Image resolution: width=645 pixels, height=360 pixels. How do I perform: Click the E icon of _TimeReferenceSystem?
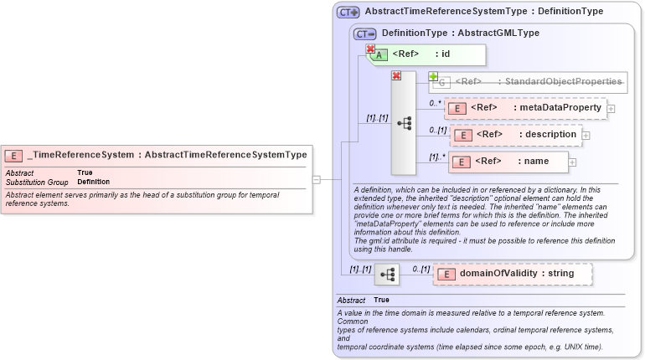13,155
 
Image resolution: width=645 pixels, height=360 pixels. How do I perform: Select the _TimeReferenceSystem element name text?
80,155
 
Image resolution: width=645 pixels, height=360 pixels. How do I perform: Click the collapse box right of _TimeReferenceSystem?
316,179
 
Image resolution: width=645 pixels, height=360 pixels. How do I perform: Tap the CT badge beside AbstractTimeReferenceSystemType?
348,13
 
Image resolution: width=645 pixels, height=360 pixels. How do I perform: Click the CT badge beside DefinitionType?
364,33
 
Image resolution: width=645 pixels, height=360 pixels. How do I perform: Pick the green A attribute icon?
379,55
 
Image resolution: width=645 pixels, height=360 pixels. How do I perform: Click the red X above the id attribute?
370,49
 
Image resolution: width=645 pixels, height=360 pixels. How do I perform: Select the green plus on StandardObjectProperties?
434,76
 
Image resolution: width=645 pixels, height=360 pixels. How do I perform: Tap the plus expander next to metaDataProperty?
611,108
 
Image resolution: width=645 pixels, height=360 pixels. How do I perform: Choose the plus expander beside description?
586,135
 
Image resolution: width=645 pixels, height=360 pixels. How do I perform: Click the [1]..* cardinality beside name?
437,157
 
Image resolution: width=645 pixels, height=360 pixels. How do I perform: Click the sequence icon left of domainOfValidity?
386,274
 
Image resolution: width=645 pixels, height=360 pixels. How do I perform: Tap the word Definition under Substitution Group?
93,182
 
